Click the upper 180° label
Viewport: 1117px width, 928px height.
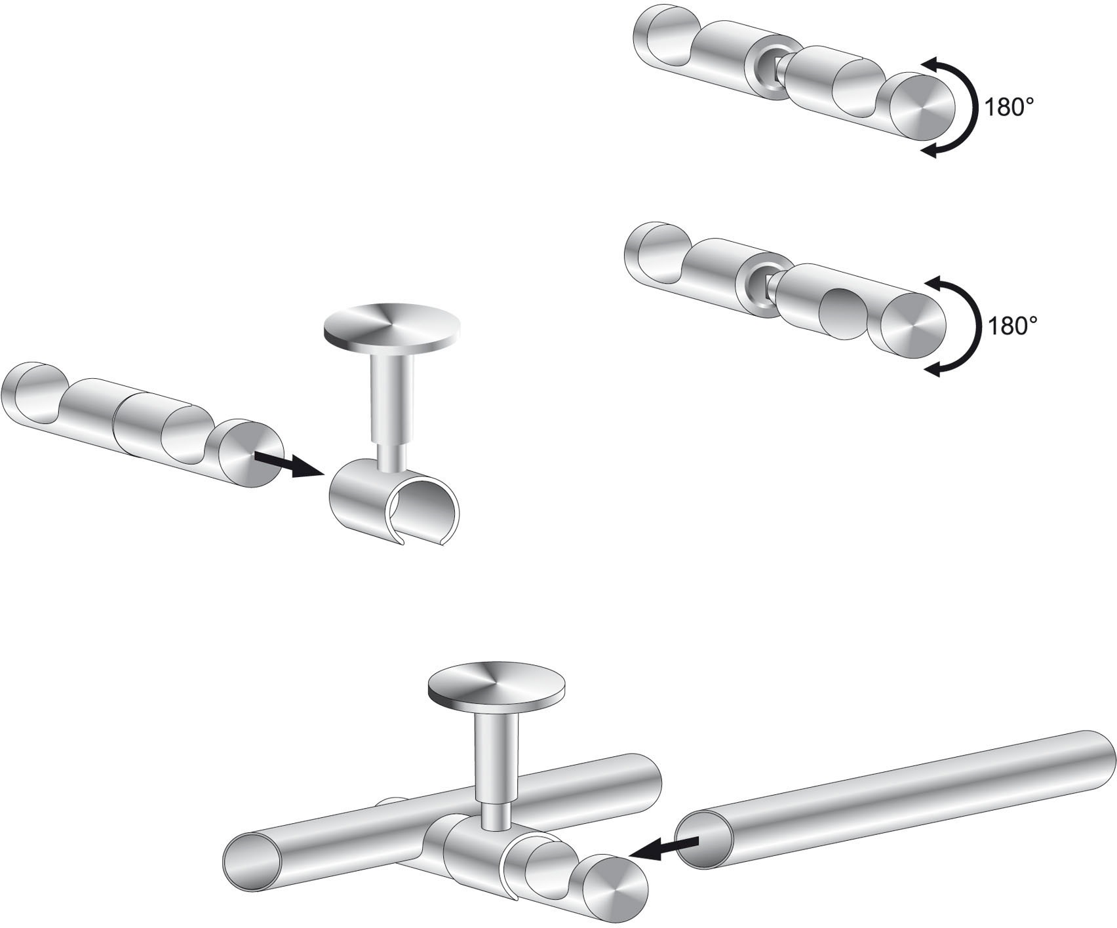(1004, 107)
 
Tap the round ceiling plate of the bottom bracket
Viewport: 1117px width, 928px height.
(496, 691)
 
